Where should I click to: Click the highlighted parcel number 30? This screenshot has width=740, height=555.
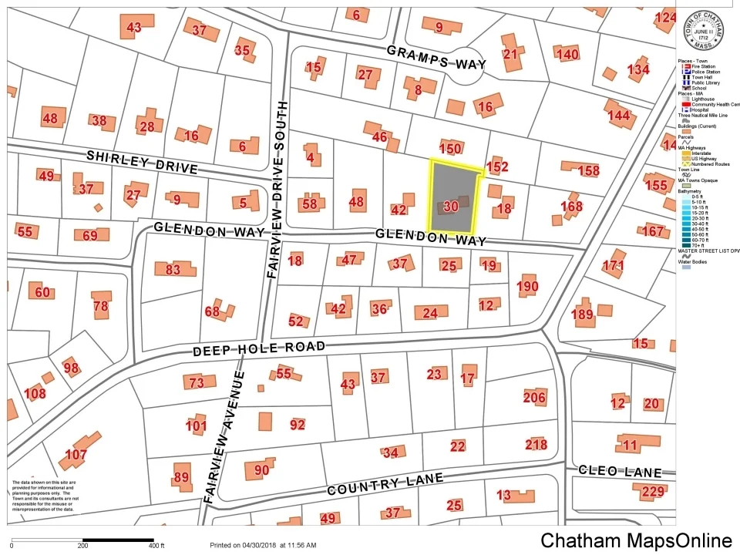[x=452, y=206]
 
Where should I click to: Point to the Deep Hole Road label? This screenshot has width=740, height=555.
[x=259, y=349]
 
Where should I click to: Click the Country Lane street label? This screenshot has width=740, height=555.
[x=385, y=484]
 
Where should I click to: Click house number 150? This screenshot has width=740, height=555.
[x=450, y=148]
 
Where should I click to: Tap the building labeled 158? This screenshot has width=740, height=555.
[x=588, y=170]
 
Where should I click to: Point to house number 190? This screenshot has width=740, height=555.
[x=527, y=287]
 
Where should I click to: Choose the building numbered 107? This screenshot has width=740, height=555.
[x=76, y=455]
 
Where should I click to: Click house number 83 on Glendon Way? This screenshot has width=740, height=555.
[x=173, y=270]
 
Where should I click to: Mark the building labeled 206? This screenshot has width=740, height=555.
[x=534, y=398]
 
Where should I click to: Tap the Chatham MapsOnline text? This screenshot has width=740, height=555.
[x=635, y=540]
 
